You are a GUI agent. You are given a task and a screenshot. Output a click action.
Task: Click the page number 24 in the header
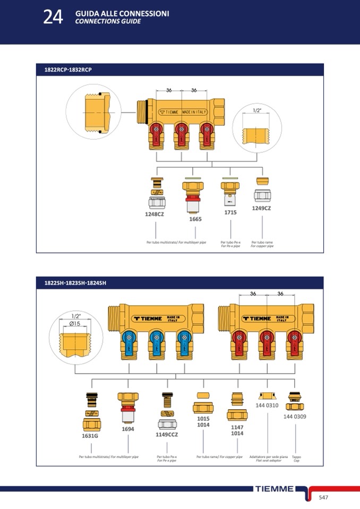pyautogui.click(x=53, y=17)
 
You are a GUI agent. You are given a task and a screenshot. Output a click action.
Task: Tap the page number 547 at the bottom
pyautogui.click(x=324, y=497)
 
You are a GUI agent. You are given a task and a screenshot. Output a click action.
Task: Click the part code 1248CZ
pyautogui.click(x=155, y=214)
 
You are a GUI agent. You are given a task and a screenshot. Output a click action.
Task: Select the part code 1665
pyautogui.click(x=195, y=219)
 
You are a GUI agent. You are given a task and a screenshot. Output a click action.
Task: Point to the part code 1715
pyautogui.click(x=230, y=212)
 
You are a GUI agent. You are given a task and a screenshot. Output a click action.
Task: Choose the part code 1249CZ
pyautogui.click(x=261, y=208)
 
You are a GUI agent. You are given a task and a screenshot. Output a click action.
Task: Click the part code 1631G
pyautogui.click(x=90, y=435)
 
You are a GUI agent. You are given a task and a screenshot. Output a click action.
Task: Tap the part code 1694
pyautogui.click(x=127, y=428)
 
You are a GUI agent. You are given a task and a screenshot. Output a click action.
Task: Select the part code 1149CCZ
pyautogui.click(x=167, y=434)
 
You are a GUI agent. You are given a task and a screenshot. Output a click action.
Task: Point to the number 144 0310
pyautogui.click(x=267, y=405)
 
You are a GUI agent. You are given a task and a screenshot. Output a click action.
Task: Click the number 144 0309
pyautogui.click(x=295, y=416)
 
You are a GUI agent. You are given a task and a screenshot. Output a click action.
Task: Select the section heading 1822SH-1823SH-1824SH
pyautogui.click(x=75, y=283)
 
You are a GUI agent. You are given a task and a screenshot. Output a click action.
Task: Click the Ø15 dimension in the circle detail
pyautogui.click(x=75, y=323)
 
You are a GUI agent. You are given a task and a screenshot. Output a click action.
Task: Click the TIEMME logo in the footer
pyautogui.click(x=274, y=489)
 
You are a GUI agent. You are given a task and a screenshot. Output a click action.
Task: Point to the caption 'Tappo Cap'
pyautogui.click(x=296, y=458)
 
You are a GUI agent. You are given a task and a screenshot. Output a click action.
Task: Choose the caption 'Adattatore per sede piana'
pyautogui.click(x=269, y=456)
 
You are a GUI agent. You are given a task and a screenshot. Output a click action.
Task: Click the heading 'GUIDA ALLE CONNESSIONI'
pyautogui.click(x=122, y=13)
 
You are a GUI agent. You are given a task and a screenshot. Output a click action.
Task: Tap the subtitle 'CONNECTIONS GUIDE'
pyautogui.click(x=108, y=22)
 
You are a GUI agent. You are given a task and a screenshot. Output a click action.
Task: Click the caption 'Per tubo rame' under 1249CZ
pyautogui.click(x=262, y=242)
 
